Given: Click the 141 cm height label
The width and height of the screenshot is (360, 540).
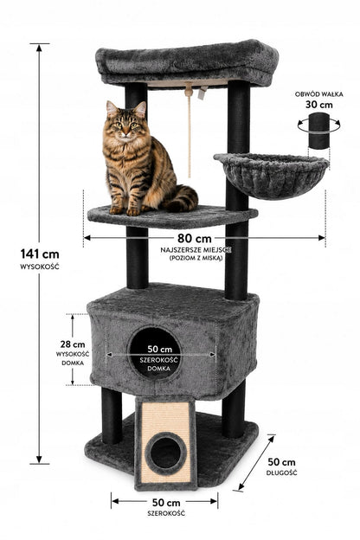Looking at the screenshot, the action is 40,254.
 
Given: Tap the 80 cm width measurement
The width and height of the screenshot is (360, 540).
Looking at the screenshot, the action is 195,238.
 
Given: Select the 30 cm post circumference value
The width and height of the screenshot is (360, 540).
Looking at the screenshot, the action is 319,105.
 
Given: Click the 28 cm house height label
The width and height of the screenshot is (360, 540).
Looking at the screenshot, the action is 73,344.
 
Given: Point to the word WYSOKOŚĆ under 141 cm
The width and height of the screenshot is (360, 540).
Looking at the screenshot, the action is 40,267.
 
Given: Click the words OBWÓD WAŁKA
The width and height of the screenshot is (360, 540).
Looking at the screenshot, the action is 319,94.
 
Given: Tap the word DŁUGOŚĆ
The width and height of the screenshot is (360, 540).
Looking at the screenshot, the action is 281,472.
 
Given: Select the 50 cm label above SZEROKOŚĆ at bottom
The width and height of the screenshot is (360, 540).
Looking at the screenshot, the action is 166,503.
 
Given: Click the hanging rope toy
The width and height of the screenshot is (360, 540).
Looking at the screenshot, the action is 189,131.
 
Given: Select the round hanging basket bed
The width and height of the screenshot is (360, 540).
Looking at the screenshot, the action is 271,176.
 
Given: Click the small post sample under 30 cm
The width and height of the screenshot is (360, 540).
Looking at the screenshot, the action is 318,131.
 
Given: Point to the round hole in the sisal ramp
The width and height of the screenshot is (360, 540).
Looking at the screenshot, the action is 165,452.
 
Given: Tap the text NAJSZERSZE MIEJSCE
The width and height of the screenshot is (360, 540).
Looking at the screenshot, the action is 196,250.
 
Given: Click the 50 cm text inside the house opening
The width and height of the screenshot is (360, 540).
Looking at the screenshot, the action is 159,349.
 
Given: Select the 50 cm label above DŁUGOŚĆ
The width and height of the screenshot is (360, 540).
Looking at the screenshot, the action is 281,462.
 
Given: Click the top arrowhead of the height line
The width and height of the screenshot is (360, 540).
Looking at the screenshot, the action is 39,48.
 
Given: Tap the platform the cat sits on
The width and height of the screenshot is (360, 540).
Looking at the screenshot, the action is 172,217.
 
